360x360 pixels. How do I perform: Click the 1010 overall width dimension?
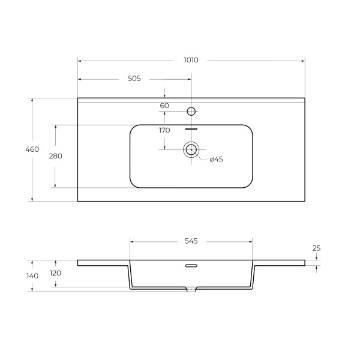(x=191, y=60)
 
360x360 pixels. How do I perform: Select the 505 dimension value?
(x=134, y=79)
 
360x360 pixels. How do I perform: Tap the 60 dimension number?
(x=164, y=106)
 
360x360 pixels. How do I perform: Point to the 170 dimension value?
(x=164, y=130)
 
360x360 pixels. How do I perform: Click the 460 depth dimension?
(x=32, y=149)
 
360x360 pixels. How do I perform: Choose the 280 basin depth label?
(x=56, y=156)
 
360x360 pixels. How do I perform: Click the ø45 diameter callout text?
(x=216, y=160)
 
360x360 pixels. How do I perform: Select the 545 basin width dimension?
(x=191, y=241)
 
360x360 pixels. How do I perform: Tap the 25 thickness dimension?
(x=316, y=248)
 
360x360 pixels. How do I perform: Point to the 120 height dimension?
(x=56, y=273)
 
